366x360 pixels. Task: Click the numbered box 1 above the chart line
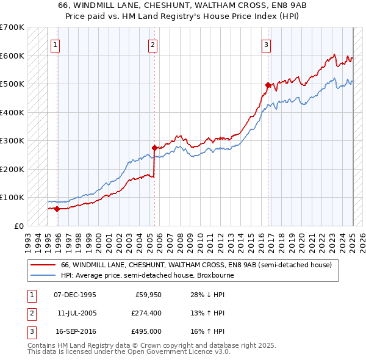pos(55,44)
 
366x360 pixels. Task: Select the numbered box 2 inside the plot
pos(152,44)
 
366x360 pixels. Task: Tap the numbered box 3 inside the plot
pos(267,44)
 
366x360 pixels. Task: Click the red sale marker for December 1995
pos(57,209)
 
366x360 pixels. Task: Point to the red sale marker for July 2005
pos(154,148)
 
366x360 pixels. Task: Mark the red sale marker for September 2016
pos(268,85)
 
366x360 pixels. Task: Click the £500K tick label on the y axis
pos(12,84)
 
